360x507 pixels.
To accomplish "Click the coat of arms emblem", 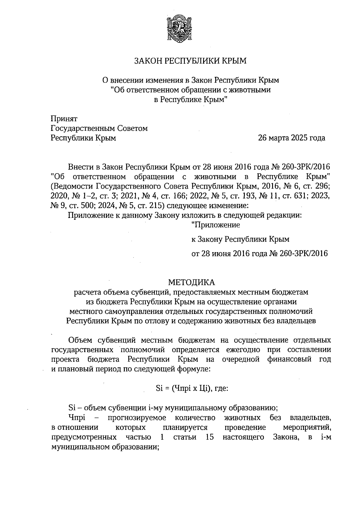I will click(x=180, y=29).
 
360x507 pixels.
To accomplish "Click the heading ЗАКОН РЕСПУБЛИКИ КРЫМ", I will click(x=190, y=61).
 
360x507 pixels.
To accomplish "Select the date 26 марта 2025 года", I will click(x=292, y=138).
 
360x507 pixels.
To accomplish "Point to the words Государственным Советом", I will click(x=99, y=128).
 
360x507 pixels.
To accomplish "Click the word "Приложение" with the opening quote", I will click(x=215, y=225).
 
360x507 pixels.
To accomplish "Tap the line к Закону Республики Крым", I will click(x=240, y=239).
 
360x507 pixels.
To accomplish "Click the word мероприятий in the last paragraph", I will click(x=307, y=427).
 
